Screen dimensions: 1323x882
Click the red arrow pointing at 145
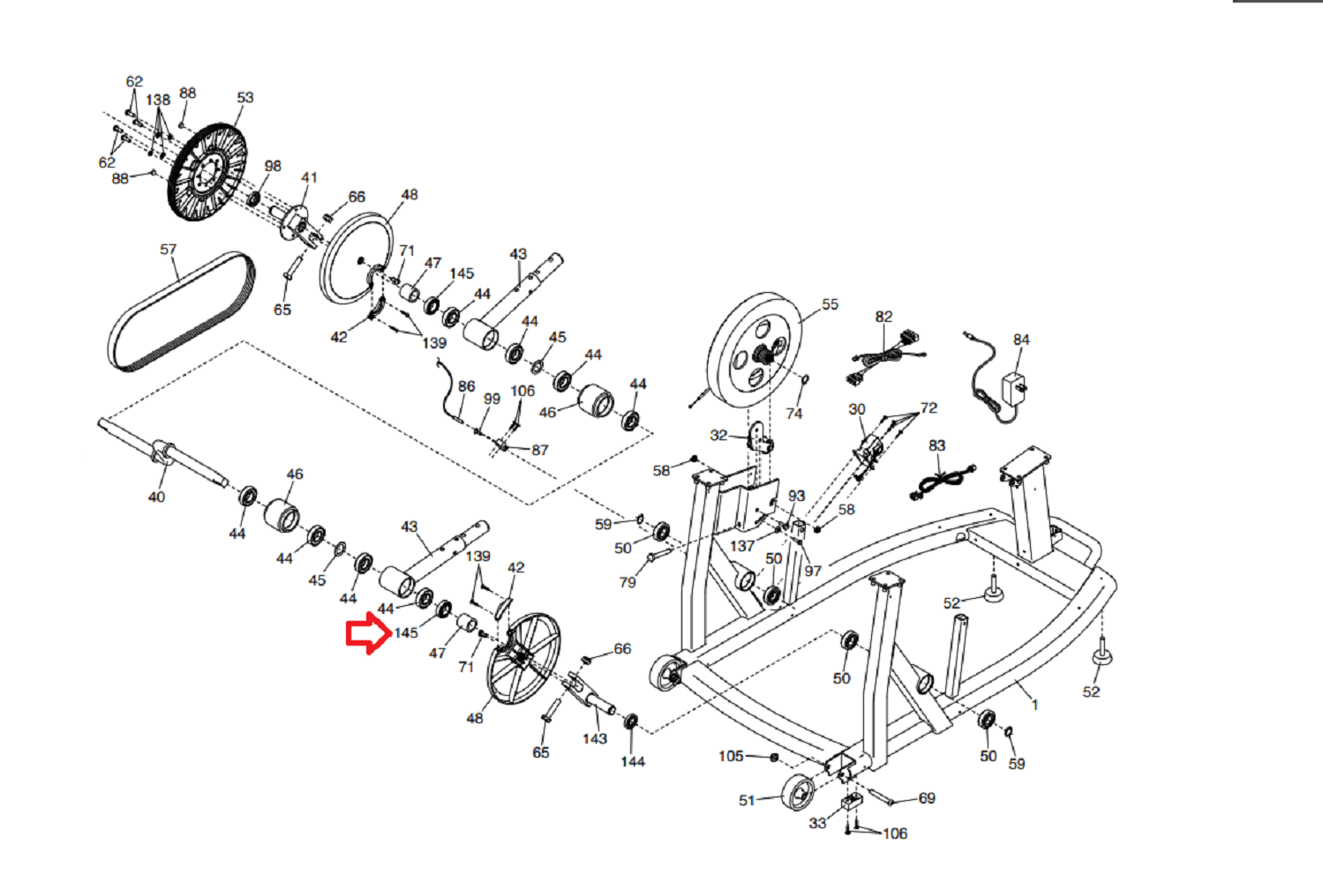click(369, 633)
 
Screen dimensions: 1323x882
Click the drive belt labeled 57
click(181, 311)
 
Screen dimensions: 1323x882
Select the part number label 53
click(245, 97)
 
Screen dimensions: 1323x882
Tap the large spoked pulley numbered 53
click(207, 172)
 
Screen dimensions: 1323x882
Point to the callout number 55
click(830, 304)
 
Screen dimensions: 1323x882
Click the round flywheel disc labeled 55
click(755, 349)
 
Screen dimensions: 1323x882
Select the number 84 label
click(1021, 340)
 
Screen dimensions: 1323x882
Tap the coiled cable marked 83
click(943, 482)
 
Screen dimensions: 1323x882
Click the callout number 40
click(156, 497)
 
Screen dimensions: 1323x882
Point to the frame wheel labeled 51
click(798, 792)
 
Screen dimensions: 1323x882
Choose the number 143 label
click(595, 738)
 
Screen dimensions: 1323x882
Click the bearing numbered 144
click(631, 721)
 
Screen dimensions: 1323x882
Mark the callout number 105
click(731, 756)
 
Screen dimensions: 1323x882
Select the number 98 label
click(273, 166)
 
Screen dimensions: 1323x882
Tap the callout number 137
click(742, 546)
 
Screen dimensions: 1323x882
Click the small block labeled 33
click(852, 802)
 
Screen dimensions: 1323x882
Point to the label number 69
click(927, 798)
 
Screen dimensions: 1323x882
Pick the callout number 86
click(467, 386)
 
